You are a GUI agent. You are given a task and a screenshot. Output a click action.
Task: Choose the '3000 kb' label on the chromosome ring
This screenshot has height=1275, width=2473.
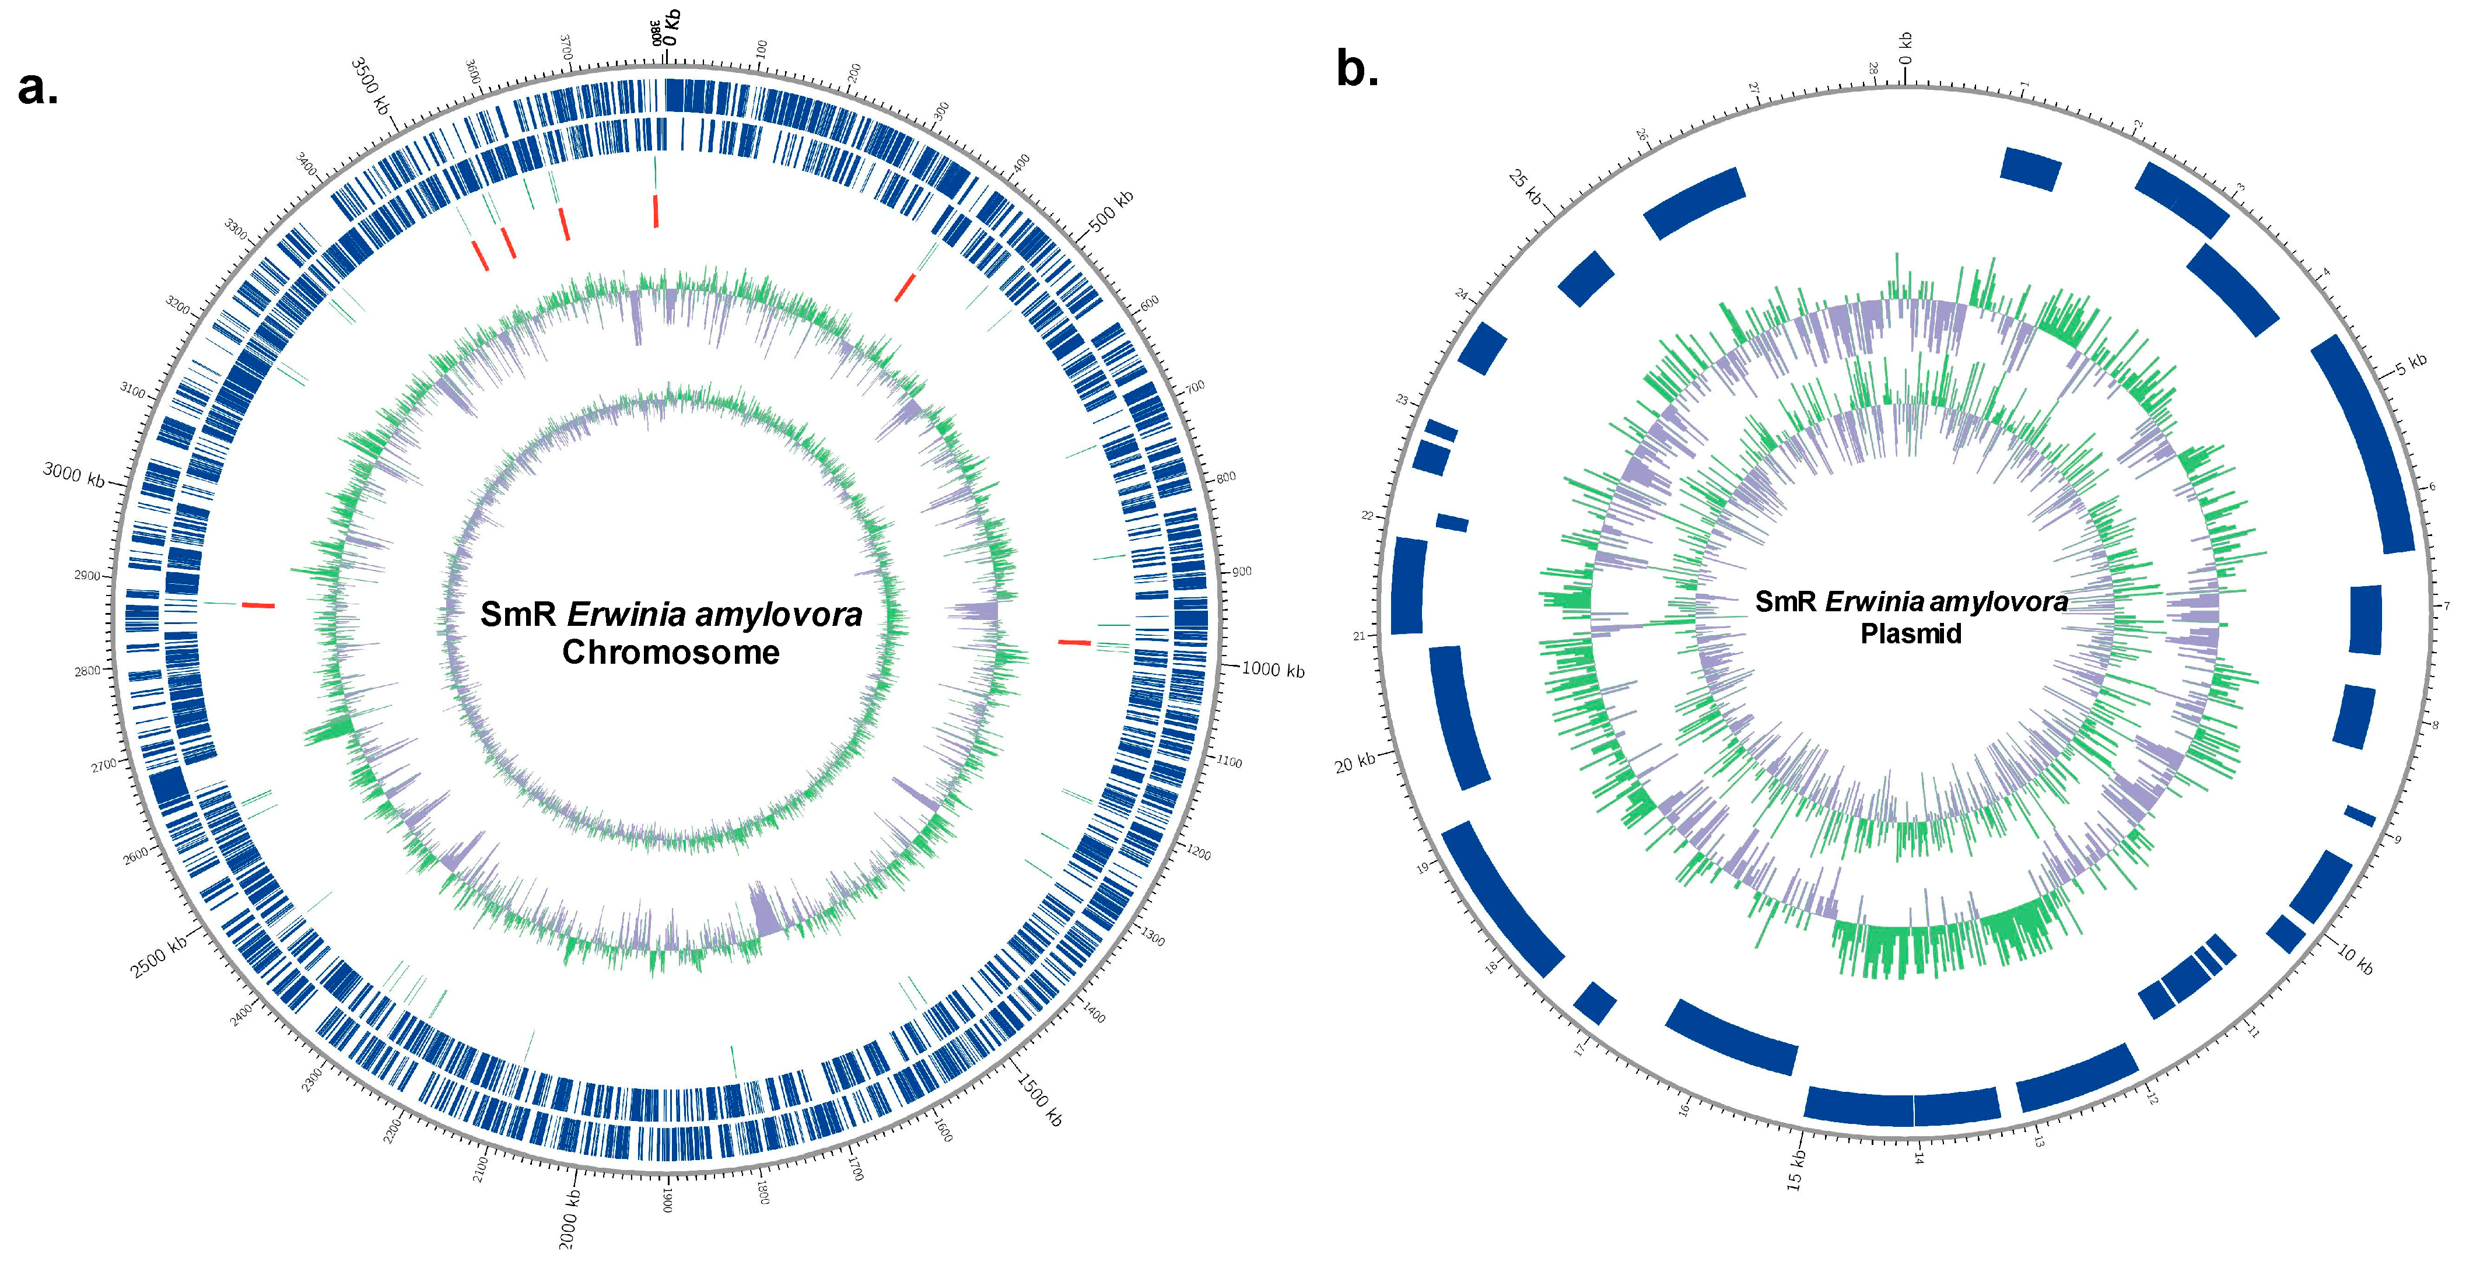pyautogui.click(x=74, y=474)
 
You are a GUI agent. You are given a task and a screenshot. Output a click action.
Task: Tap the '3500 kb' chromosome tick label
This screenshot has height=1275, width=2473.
pyautogui.click(x=370, y=86)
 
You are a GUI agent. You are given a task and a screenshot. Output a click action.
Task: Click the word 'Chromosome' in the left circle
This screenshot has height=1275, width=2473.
pyautogui.click(x=670, y=652)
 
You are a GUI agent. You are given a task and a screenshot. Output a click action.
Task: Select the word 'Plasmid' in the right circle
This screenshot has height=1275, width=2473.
pyautogui.click(x=1910, y=633)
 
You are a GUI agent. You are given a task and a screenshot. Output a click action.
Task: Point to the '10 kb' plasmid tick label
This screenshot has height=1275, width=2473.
pyautogui.click(x=2354, y=957)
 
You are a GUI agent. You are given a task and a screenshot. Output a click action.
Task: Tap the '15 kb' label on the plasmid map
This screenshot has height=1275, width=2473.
pyautogui.click(x=1796, y=1169)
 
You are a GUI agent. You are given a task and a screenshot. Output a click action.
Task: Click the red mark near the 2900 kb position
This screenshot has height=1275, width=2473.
pyautogui.click(x=258, y=605)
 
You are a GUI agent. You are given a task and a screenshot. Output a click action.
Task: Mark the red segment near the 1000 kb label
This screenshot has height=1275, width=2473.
pyautogui.click(x=1074, y=642)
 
